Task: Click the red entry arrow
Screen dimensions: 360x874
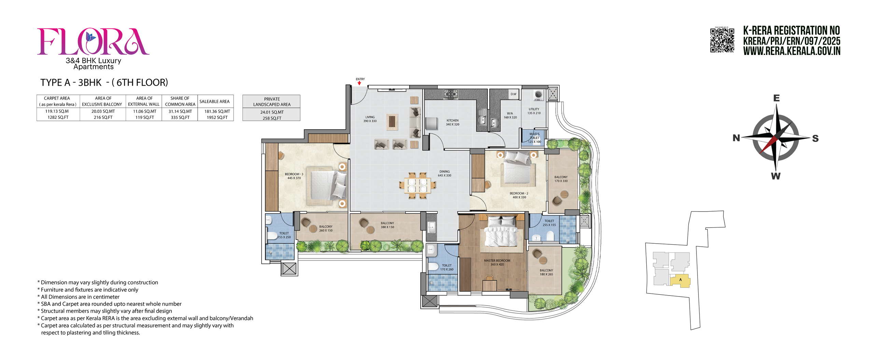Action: (359, 83)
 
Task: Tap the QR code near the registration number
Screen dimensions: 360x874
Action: (722, 40)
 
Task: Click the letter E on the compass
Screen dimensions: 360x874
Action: (776, 98)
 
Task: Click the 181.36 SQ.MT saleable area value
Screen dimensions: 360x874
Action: (217, 111)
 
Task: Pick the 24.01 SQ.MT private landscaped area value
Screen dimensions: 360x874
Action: (272, 112)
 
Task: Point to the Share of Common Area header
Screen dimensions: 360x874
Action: (180, 101)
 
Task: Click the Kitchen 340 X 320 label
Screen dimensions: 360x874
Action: (452, 122)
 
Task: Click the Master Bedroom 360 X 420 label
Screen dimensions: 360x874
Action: (497, 262)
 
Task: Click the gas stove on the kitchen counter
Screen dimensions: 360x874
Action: (451, 94)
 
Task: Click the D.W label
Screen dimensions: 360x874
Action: (513, 94)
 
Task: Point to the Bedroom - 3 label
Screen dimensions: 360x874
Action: (294, 176)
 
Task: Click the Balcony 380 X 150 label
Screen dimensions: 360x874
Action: (387, 225)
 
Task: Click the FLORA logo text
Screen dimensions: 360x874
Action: (93, 42)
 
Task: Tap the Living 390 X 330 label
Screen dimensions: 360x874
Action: (370, 119)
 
